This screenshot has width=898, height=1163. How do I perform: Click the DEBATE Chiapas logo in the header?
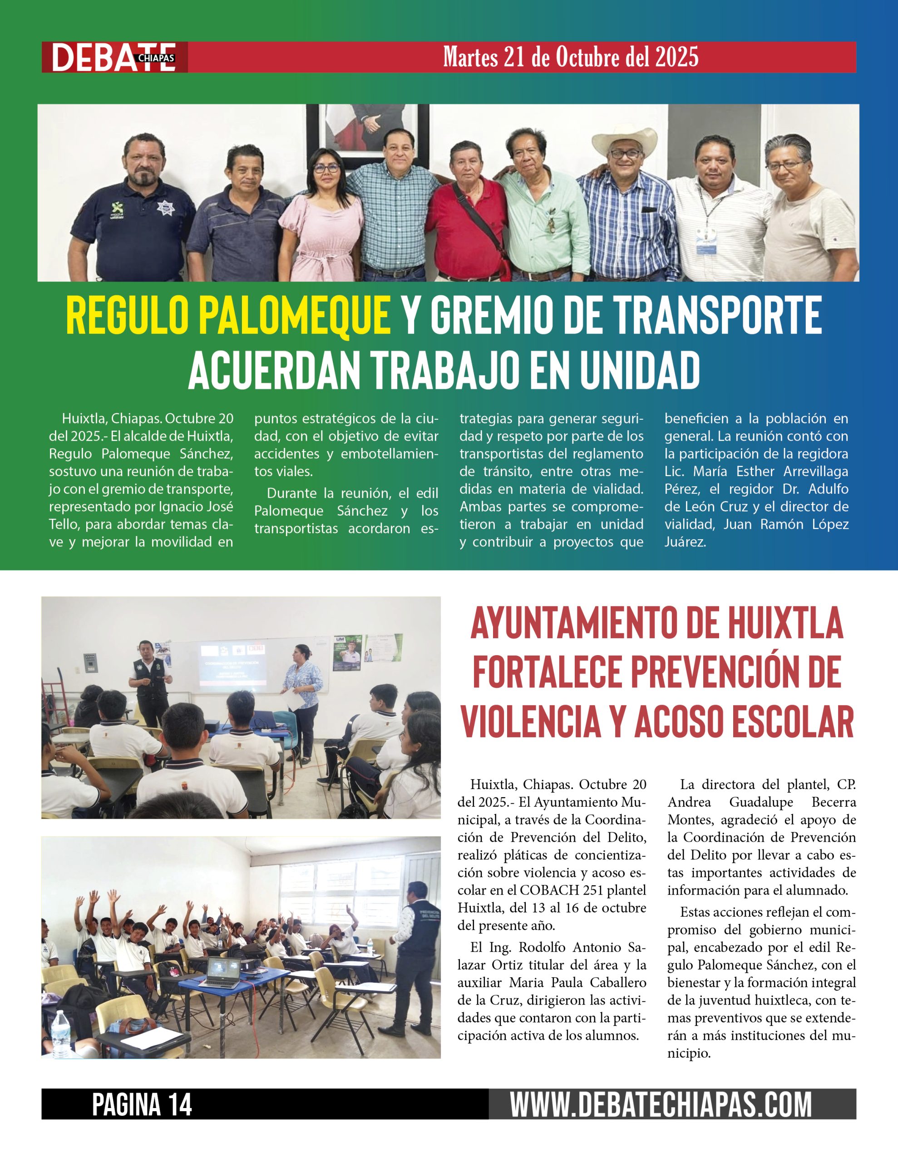[x=114, y=58]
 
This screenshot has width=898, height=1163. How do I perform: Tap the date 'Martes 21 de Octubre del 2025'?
[x=571, y=57]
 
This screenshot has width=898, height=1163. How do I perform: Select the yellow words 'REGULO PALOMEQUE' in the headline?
[x=228, y=316]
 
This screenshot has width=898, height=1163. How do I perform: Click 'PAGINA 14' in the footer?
[x=142, y=1104]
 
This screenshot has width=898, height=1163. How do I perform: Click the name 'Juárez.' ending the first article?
[x=685, y=542]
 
